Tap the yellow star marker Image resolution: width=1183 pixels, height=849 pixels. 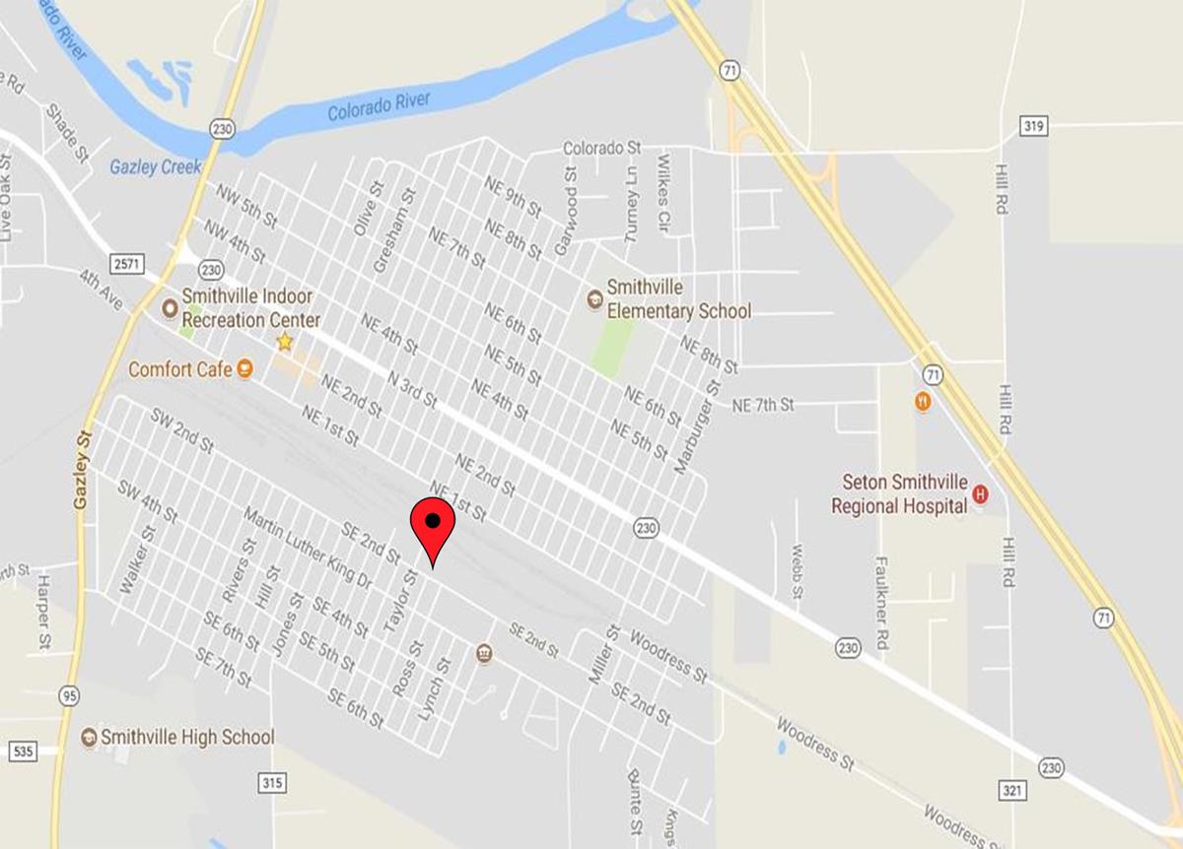click(x=285, y=342)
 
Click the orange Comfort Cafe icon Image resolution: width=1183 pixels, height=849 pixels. click(x=245, y=369)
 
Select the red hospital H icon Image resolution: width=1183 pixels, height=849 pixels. click(x=980, y=494)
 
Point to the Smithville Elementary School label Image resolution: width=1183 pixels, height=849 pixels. click(x=678, y=299)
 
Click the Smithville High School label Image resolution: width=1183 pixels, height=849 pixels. click(x=187, y=737)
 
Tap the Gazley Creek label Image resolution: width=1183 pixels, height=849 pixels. click(x=157, y=166)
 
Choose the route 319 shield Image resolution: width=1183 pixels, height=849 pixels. click(x=1034, y=126)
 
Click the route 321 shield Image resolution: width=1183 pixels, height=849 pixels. click(x=1015, y=790)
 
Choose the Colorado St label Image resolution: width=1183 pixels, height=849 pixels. click(x=601, y=148)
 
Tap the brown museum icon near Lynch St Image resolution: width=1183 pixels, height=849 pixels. click(x=484, y=653)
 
